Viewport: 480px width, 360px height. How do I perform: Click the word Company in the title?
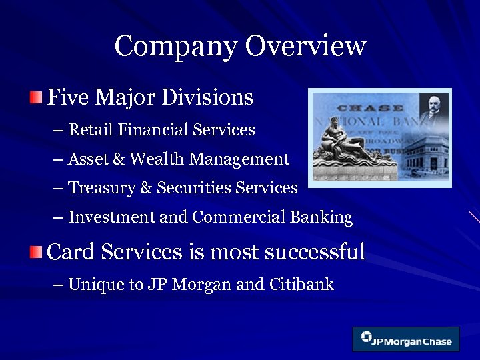tap(175, 47)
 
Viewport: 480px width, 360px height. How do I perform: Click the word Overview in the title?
tap(306, 47)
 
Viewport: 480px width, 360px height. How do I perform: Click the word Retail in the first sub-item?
tap(90, 129)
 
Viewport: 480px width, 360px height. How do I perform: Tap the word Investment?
tap(110, 217)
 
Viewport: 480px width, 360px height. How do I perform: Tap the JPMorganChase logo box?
tap(406, 339)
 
